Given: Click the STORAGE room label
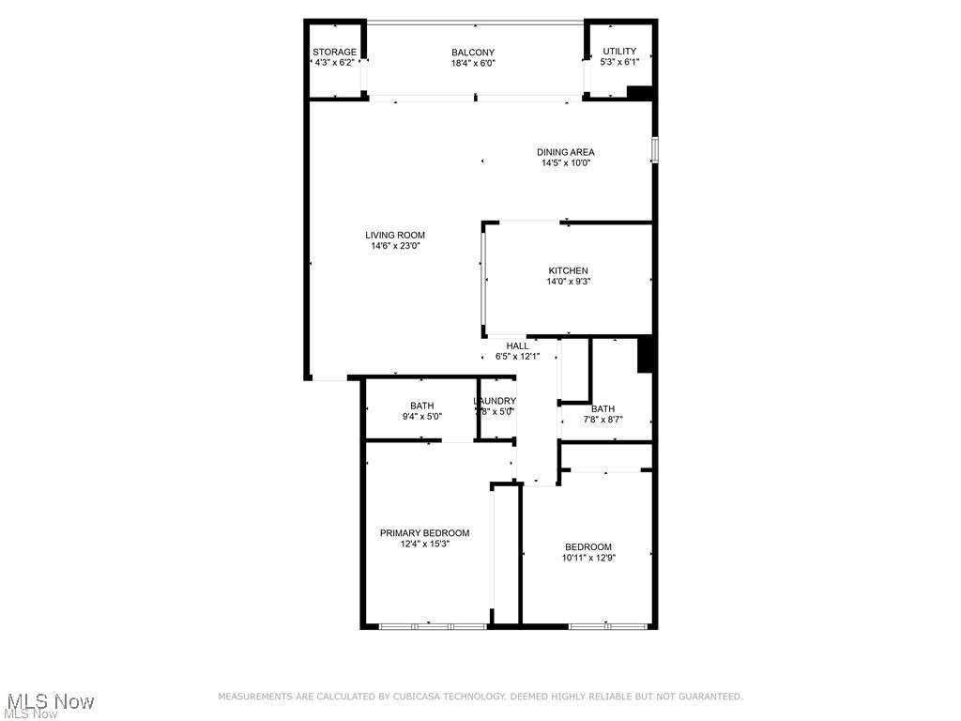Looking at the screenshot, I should click(x=334, y=52).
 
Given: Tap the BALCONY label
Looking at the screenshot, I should click(x=473, y=53).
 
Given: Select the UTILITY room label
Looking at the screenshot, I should click(x=619, y=52).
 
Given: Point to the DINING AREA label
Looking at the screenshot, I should click(x=565, y=152).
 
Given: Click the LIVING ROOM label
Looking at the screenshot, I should click(x=395, y=236).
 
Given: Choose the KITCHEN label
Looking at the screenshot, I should click(x=568, y=270).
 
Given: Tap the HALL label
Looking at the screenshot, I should click(x=517, y=345).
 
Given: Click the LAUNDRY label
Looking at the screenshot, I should click(x=495, y=401).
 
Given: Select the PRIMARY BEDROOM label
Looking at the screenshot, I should click(x=424, y=533).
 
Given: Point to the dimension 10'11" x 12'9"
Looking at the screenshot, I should click(x=587, y=558).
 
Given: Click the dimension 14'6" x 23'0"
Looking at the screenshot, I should click(x=395, y=246).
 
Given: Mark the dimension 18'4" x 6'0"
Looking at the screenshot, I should click(x=473, y=64).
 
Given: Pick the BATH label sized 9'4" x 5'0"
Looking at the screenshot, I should click(x=421, y=406).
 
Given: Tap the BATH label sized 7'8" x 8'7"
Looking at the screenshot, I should click(x=603, y=408).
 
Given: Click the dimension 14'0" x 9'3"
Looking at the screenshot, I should click(x=568, y=282).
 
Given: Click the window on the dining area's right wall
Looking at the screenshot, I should click(x=654, y=150).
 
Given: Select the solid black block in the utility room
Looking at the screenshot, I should click(x=639, y=92).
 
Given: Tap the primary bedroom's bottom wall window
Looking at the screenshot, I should click(x=433, y=625).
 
